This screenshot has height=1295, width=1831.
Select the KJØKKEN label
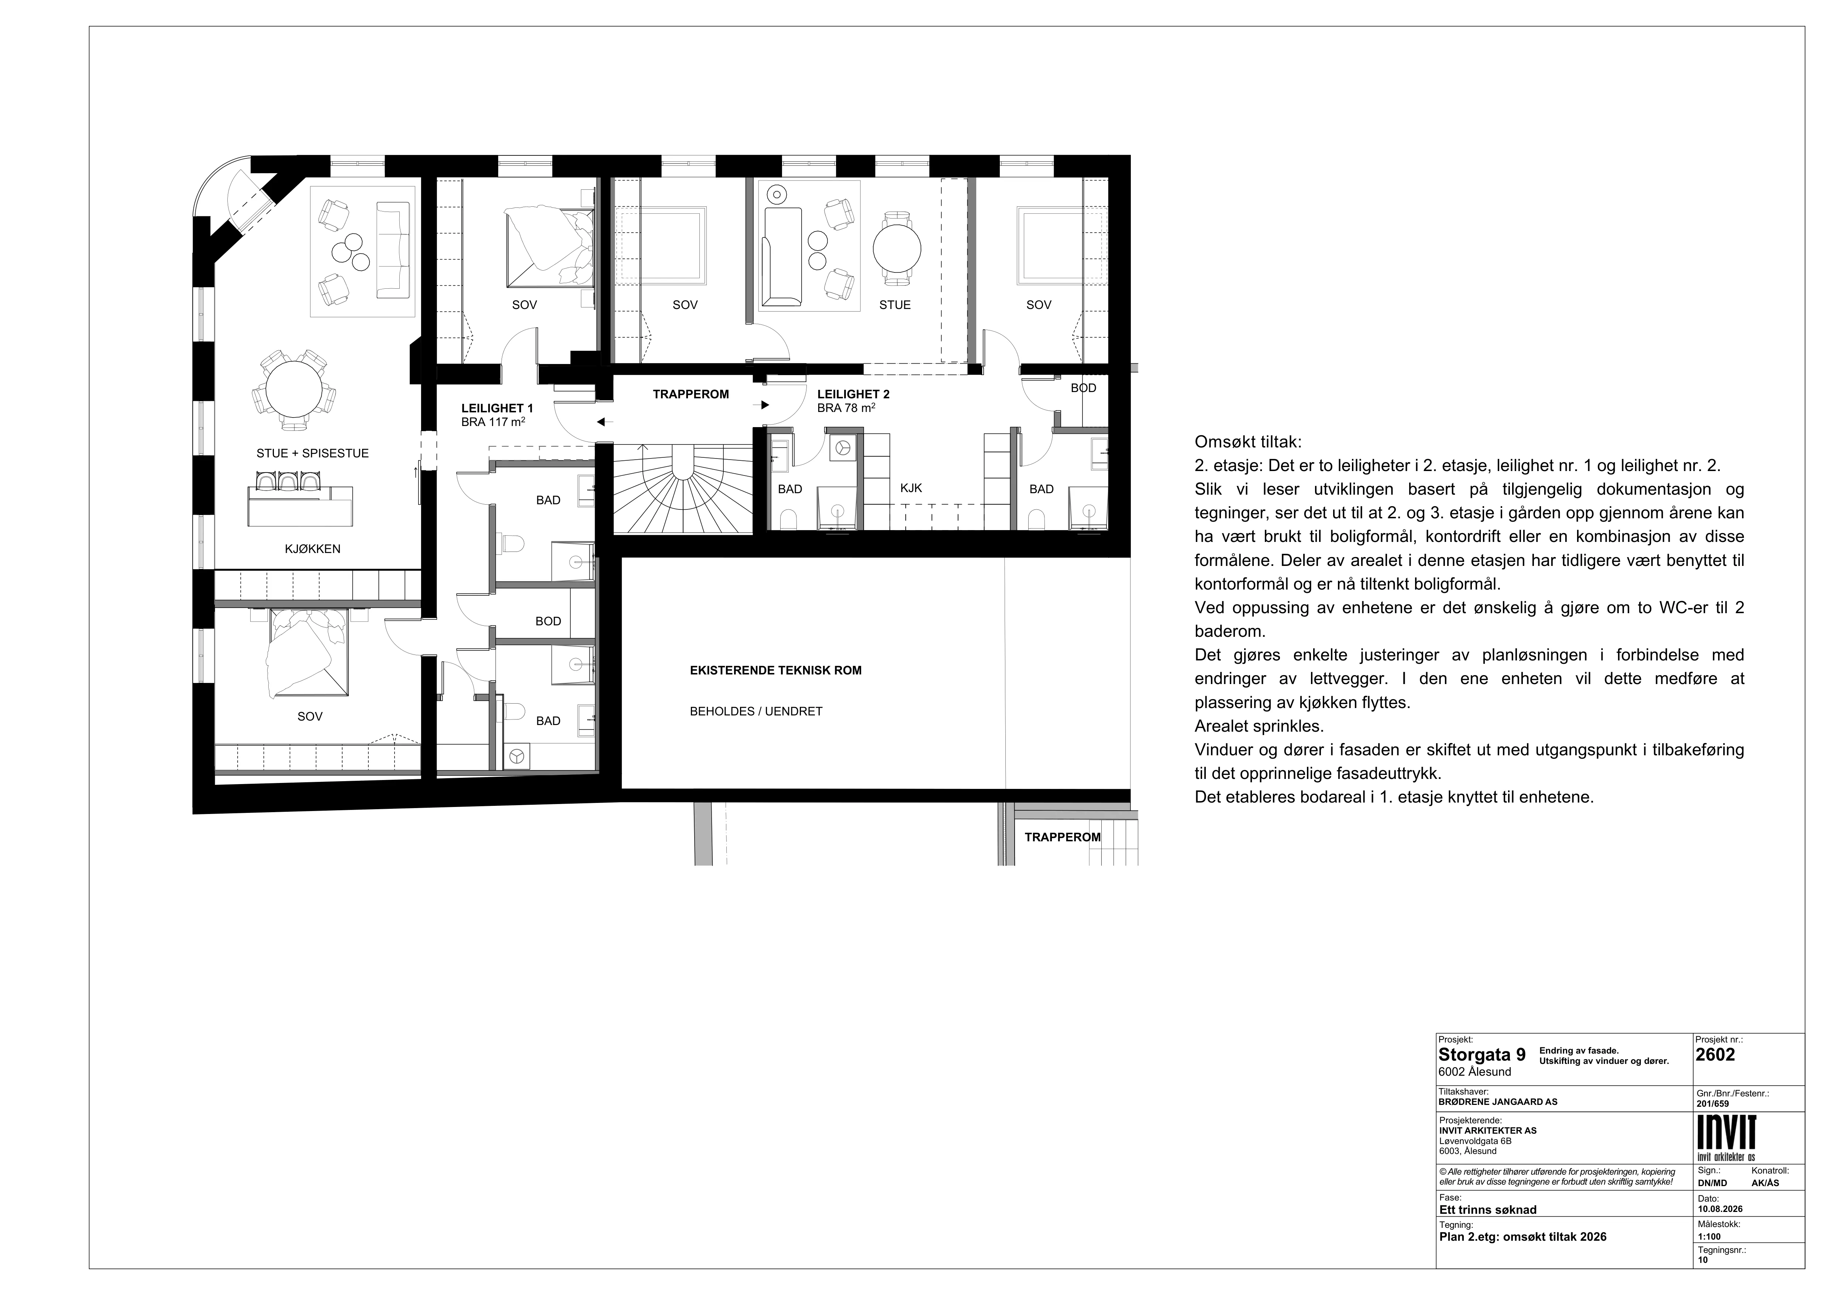tap(313, 549)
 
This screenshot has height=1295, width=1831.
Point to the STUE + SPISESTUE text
tap(313, 453)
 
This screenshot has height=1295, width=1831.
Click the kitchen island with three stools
tap(300, 502)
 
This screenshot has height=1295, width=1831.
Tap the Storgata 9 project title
tap(1482, 1055)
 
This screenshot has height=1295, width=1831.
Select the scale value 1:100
tap(1710, 1237)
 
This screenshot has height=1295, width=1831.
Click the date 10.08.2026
tap(1720, 1209)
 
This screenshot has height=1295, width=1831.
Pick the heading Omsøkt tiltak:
tap(1248, 442)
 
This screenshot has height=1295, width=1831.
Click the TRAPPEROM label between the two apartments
tap(691, 394)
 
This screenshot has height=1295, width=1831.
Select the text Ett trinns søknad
tap(1487, 1210)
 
